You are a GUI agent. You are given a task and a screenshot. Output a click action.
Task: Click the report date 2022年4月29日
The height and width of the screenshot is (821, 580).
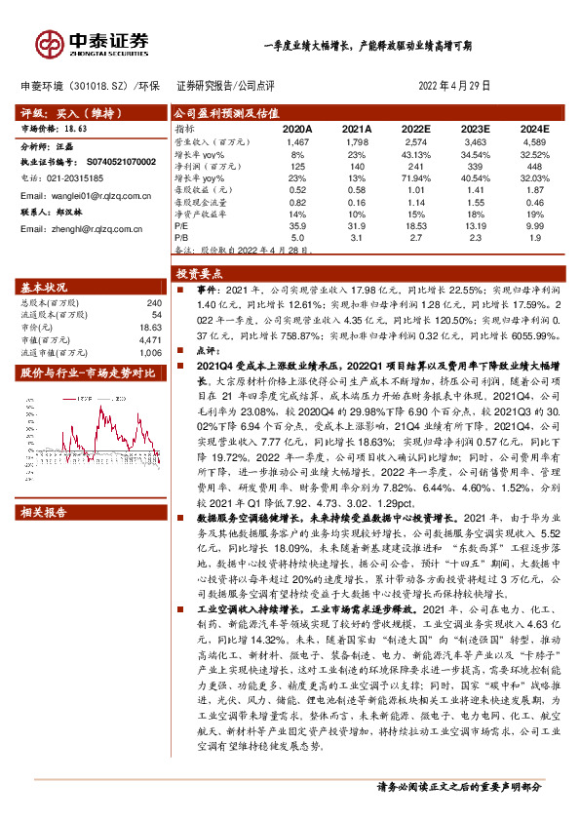pos(456,86)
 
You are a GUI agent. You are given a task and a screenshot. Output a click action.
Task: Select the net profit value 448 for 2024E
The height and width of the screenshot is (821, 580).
pos(534,167)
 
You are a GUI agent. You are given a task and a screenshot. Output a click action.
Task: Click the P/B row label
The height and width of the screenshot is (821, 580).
pos(181,236)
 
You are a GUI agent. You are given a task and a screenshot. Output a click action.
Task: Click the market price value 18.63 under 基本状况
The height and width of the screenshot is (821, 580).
pos(151,328)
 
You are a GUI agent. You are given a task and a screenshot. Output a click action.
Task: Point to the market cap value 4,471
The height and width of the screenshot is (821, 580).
pos(150,339)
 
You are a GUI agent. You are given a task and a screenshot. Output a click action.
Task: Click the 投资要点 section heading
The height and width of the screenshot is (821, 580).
pos(199,275)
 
